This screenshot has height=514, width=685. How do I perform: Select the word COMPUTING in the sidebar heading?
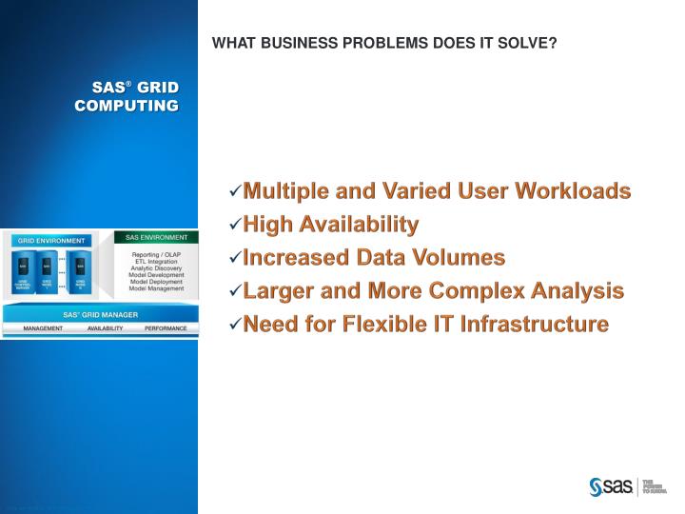(127, 105)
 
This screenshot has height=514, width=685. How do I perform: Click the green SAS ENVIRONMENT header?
(157, 236)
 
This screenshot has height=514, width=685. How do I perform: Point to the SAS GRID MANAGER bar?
(100, 314)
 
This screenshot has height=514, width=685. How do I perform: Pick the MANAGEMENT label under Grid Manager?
(44, 327)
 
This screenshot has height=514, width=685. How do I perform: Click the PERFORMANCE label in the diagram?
(166, 327)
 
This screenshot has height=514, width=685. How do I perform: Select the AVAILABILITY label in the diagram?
(105, 327)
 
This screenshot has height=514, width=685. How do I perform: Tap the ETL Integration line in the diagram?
(157, 262)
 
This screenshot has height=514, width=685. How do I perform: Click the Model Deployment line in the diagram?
(157, 282)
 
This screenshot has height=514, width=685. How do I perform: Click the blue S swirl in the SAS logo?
(597, 486)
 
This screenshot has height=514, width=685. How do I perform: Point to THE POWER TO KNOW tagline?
(656, 486)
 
